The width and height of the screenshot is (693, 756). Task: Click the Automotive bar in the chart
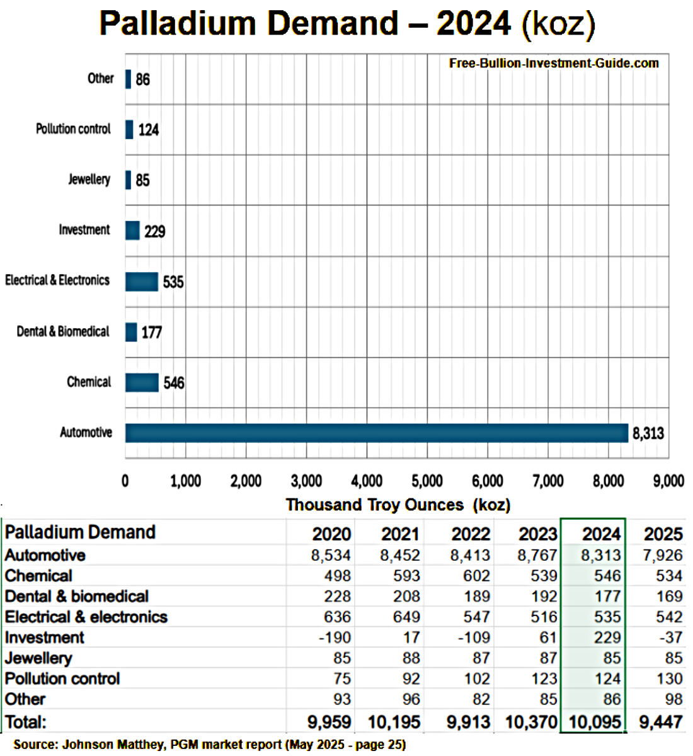[x=376, y=433]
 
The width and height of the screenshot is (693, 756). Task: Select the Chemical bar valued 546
[x=142, y=382]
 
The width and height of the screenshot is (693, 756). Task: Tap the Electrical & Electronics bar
[x=142, y=281]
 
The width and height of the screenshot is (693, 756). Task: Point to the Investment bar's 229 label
[x=154, y=231]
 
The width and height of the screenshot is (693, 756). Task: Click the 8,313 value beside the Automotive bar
[x=648, y=433]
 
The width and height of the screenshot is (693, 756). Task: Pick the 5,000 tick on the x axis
[x=427, y=481]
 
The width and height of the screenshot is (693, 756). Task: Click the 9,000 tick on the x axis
[x=668, y=481]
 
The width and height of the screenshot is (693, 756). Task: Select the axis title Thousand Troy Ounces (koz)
[x=398, y=505]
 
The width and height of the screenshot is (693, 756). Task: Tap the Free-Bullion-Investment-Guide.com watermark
[x=554, y=63]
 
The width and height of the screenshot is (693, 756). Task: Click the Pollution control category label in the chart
[x=73, y=129]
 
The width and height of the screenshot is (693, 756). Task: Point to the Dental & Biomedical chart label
[x=63, y=331]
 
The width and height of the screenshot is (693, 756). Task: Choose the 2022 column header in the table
[x=470, y=534]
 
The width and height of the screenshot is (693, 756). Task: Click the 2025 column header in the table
[x=663, y=534]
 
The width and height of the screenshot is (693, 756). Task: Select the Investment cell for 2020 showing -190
[x=335, y=638]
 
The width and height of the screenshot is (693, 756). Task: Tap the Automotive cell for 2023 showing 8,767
[x=537, y=555]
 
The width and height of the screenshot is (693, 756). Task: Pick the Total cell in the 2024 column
[x=595, y=722]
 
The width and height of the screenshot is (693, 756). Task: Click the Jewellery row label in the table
[x=38, y=658]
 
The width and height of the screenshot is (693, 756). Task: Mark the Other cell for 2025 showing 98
[x=673, y=699]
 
